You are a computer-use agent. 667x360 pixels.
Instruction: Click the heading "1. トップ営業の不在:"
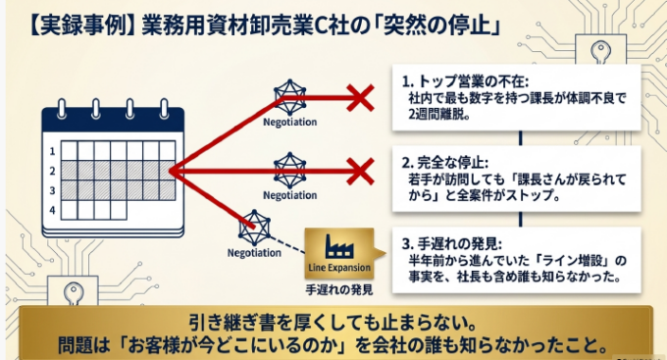(465, 81)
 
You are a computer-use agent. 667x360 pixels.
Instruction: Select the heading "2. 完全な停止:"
(445, 163)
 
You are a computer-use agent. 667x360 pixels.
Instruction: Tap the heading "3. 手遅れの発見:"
(452, 244)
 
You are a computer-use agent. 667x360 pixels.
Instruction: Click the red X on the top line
(360, 98)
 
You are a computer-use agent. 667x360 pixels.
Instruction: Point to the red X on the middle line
(360, 171)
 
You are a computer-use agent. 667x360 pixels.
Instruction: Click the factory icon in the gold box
(338, 246)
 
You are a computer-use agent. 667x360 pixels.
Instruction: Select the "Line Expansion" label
(339, 268)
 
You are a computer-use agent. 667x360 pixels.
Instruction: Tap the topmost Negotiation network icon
(289, 97)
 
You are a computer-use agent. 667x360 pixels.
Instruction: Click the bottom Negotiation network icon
(254, 228)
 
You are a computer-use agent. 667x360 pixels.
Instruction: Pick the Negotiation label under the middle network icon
(289, 195)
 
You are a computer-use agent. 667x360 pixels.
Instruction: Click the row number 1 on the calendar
(52, 151)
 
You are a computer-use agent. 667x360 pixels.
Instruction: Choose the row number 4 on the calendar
(52, 210)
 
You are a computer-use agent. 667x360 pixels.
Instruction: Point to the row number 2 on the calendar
(52, 171)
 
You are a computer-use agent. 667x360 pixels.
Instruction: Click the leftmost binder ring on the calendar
(62, 109)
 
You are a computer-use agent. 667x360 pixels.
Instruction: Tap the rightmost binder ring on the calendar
(164, 109)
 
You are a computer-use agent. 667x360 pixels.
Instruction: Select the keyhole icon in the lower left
(74, 294)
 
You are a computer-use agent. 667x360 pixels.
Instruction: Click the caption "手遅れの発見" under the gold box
(339, 289)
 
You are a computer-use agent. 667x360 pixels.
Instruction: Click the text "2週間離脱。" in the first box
(439, 115)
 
